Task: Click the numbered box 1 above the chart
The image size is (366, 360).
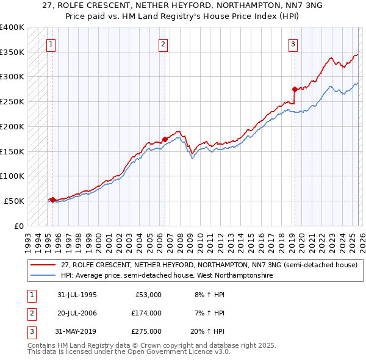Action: pyautogui.click(x=51, y=44)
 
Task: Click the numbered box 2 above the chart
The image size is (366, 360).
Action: pyautogui.click(x=163, y=44)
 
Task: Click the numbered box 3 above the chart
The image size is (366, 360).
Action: pyautogui.click(x=293, y=44)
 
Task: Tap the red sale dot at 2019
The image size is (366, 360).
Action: pyautogui.click(x=294, y=89)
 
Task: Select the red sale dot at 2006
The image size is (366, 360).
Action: pyautogui.click(x=165, y=139)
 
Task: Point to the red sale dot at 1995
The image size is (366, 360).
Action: pyautogui.click(x=52, y=200)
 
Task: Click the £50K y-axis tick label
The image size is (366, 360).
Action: pyautogui.click(x=14, y=201)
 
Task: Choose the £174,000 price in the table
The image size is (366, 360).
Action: pyautogui.click(x=147, y=313)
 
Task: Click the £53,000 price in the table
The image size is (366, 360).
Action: pyautogui.click(x=149, y=295)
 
